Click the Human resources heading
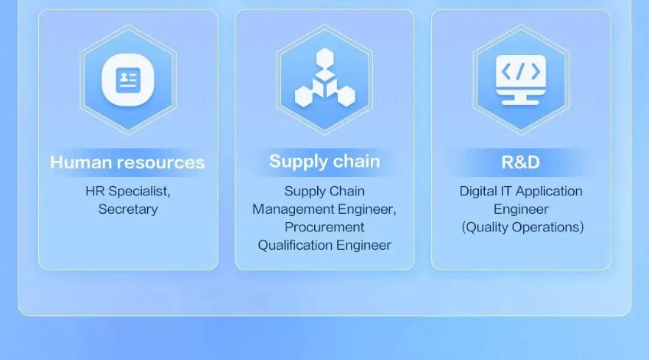(127, 162)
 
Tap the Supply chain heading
(324, 162)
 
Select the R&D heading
(520, 162)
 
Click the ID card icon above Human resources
(128, 80)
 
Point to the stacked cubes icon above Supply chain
(325, 77)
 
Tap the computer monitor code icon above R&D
(520, 80)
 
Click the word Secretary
(128, 209)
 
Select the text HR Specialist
(127, 191)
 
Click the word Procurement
(324, 227)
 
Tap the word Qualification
(295, 245)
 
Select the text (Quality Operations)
(523, 227)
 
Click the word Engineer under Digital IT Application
(521, 209)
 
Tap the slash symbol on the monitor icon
(520, 71)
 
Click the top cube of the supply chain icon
(325, 57)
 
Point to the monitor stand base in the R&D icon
(520, 103)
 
